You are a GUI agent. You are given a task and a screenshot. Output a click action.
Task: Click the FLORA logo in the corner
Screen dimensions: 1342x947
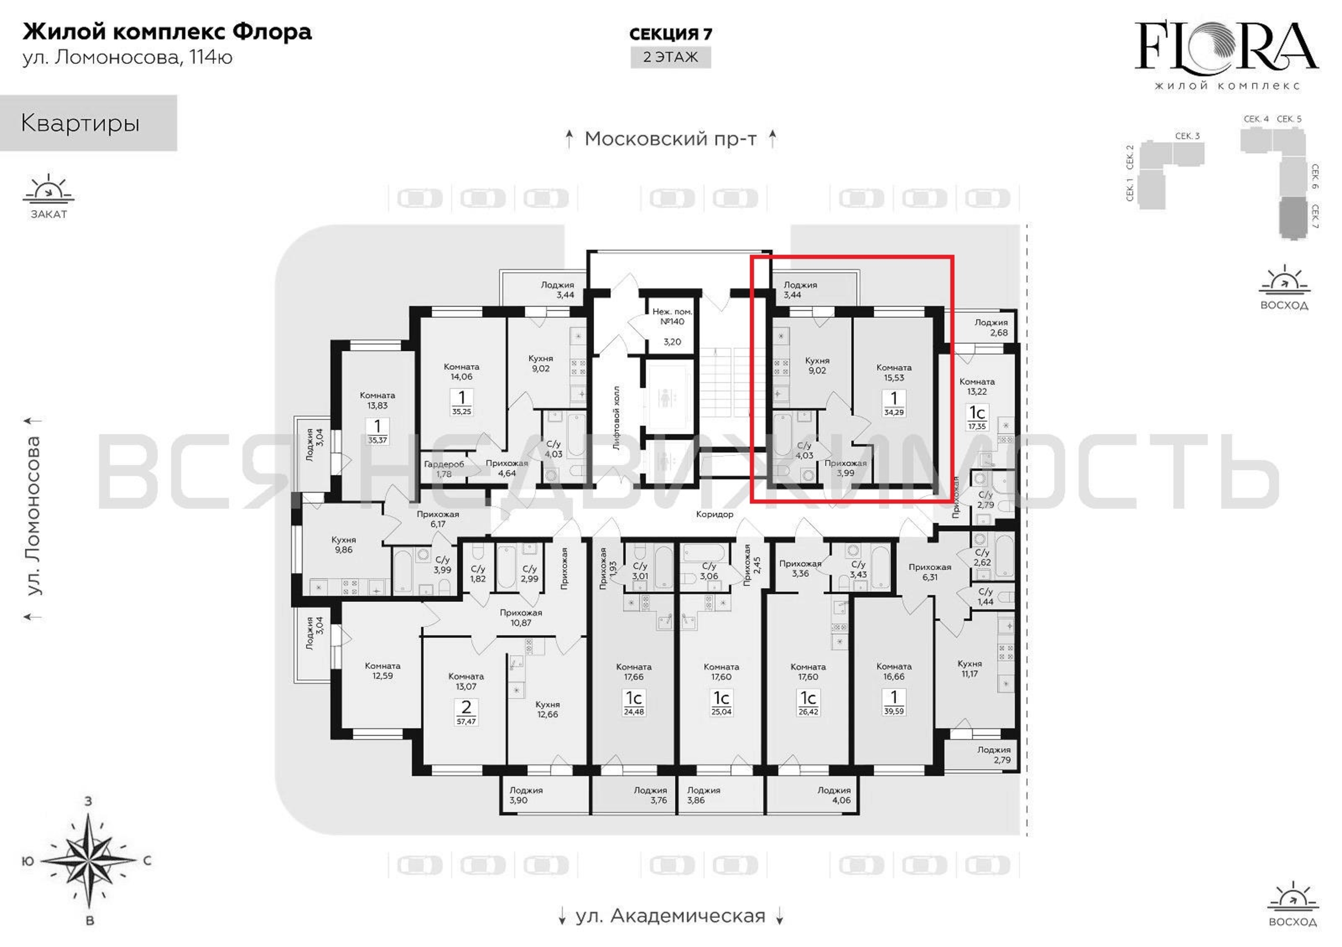tap(1226, 55)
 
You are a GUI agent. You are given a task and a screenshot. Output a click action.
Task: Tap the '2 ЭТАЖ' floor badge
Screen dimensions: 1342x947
tap(671, 57)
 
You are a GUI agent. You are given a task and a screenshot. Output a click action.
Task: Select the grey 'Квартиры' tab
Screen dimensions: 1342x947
tap(88, 123)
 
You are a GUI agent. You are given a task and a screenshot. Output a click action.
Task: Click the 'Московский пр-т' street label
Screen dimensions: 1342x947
tap(671, 139)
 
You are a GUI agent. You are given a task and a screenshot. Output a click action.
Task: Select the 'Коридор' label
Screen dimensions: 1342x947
tap(714, 514)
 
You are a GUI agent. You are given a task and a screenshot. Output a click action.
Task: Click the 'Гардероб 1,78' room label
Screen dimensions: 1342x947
tap(444, 469)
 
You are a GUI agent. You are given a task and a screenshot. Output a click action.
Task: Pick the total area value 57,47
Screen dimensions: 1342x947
tap(466, 722)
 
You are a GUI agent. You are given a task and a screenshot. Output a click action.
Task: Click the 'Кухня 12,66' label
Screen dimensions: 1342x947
tap(548, 709)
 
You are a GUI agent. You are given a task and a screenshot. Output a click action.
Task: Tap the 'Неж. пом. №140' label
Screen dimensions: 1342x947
tap(672, 317)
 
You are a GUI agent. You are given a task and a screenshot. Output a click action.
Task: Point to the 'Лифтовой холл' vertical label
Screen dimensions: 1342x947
tap(616, 418)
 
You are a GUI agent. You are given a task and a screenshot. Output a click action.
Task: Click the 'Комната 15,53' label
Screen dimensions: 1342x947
tap(894, 373)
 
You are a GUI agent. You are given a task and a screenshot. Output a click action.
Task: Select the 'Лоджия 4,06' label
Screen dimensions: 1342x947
tap(834, 795)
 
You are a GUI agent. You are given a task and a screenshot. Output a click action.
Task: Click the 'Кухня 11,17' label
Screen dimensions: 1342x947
tap(970, 668)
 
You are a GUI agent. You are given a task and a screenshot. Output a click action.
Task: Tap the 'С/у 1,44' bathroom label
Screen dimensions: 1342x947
tap(986, 597)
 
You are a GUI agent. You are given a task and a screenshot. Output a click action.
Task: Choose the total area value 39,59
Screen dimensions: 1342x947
tap(894, 712)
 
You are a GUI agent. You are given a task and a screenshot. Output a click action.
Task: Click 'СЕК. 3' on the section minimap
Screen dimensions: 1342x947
tap(1187, 136)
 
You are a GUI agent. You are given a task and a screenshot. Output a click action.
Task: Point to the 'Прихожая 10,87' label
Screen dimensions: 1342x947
tap(521, 617)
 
